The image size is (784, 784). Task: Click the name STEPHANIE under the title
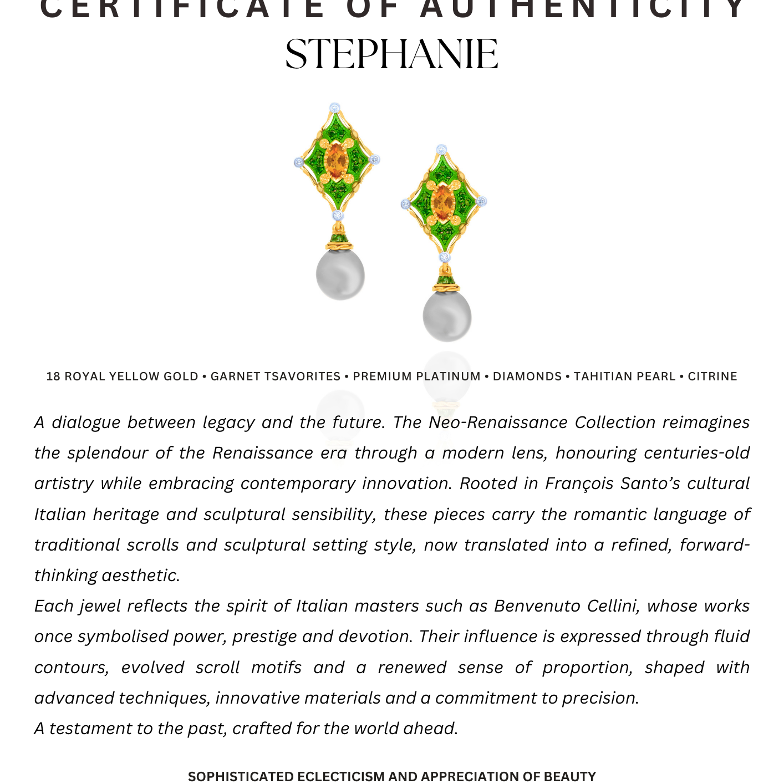point(391,55)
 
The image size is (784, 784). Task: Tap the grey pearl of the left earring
point(340,274)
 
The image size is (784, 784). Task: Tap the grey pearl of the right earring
point(447,316)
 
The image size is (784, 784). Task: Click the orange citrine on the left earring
point(335,160)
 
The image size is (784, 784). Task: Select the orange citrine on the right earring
point(442,202)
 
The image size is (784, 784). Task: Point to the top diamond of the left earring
point(334,108)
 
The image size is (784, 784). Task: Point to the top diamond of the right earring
point(441,150)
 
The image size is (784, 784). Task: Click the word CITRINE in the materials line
point(712,376)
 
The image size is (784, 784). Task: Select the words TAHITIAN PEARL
point(624,376)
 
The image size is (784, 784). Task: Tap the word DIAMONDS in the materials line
point(527,376)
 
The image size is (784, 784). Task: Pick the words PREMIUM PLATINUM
point(416,376)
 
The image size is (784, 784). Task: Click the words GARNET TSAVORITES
point(276,376)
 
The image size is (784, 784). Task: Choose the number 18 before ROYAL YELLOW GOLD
point(53,376)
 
